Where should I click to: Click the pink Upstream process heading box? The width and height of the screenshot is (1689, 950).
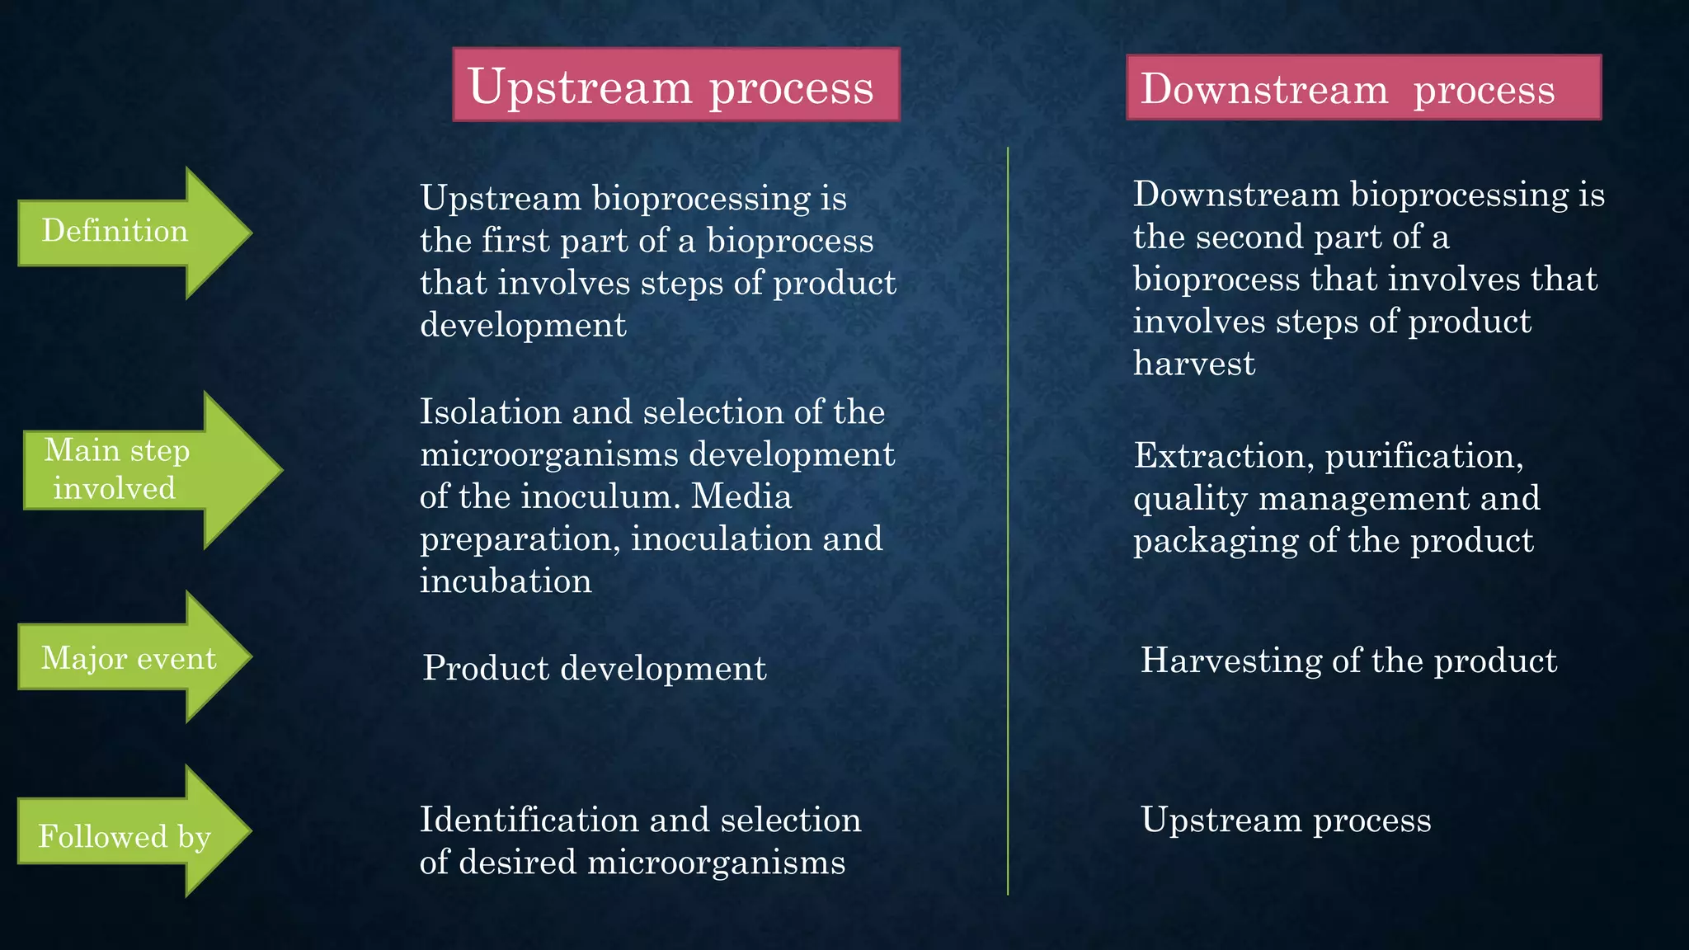coord(675,85)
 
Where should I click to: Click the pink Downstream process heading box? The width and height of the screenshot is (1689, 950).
coord(1363,88)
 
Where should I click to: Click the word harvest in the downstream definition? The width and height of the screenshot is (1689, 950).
coord(1193,364)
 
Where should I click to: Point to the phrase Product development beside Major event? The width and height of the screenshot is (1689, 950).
coord(594,668)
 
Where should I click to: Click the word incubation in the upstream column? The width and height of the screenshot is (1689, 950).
coord(506,581)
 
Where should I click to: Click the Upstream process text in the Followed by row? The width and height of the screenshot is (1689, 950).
coord(1285,820)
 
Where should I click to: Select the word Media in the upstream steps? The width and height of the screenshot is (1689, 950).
coord(741,496)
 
